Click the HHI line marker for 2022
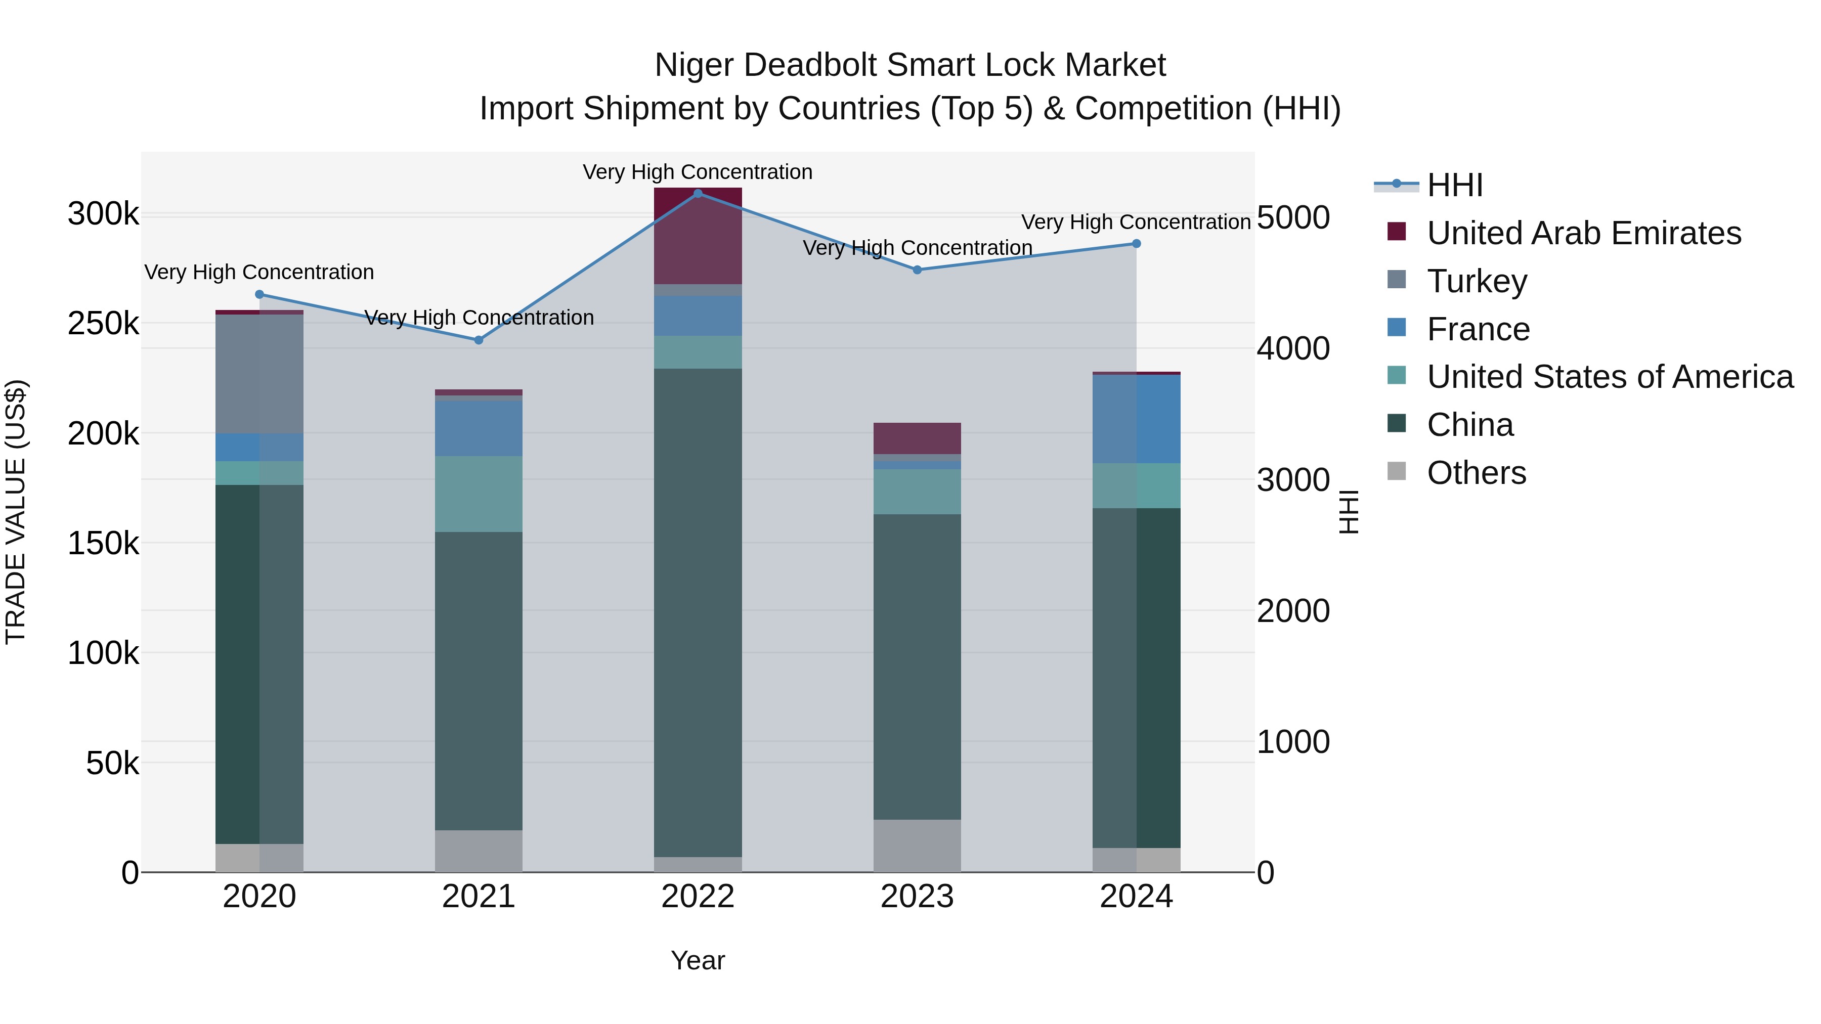pos(698,194)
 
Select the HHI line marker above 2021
pos(479,340)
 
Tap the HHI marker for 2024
pos(1137,244)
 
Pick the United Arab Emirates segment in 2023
pos(917,438)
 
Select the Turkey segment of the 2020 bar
pos(259,374)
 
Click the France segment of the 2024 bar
pos(1137,419)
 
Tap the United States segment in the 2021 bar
pos(479,494)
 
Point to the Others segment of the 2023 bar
pos(917,846)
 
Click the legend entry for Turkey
pos(1477,281)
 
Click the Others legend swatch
pos(1397,471)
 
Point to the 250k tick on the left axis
pos(103,324)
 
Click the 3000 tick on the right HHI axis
pos(1293,480)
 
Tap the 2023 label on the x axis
pos(917,897)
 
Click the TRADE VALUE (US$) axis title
pos(16,512)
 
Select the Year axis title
pos(698,960)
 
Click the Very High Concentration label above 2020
pos(259,272)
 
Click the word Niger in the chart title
pos(693,65)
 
